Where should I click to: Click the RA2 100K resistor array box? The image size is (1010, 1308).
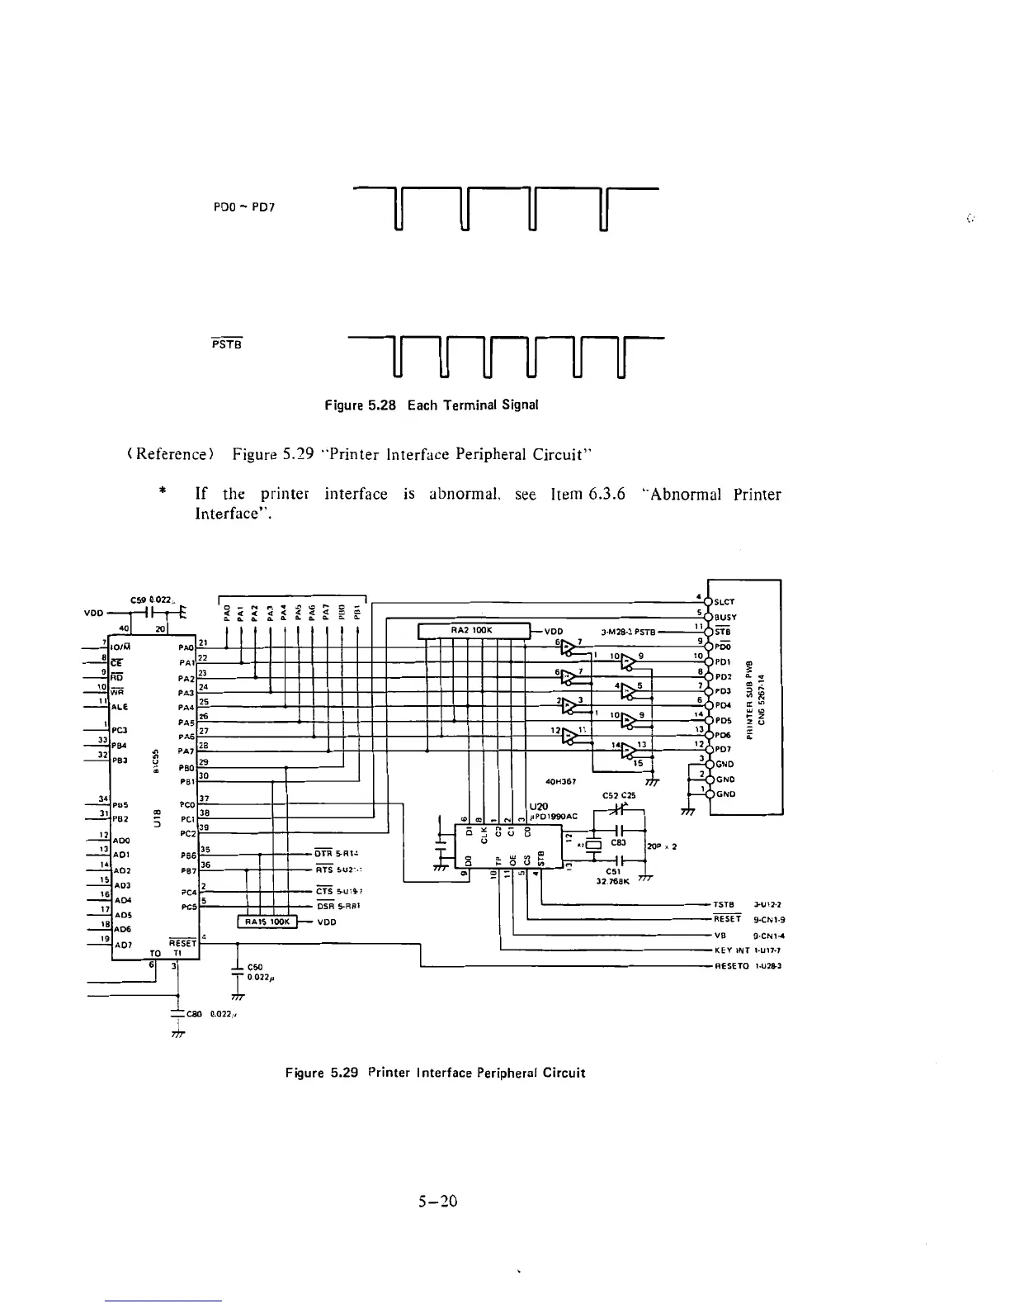pos(472,632)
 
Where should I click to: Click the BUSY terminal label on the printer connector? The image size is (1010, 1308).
pos(726,617)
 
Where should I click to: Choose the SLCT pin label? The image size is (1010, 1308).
pos(726,602)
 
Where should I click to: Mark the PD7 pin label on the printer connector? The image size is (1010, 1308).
pos(724,750)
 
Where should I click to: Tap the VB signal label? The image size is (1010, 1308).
pos(720,936)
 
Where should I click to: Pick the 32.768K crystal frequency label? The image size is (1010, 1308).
pos(612,881)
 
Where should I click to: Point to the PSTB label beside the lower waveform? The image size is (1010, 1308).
pos(226,344)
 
